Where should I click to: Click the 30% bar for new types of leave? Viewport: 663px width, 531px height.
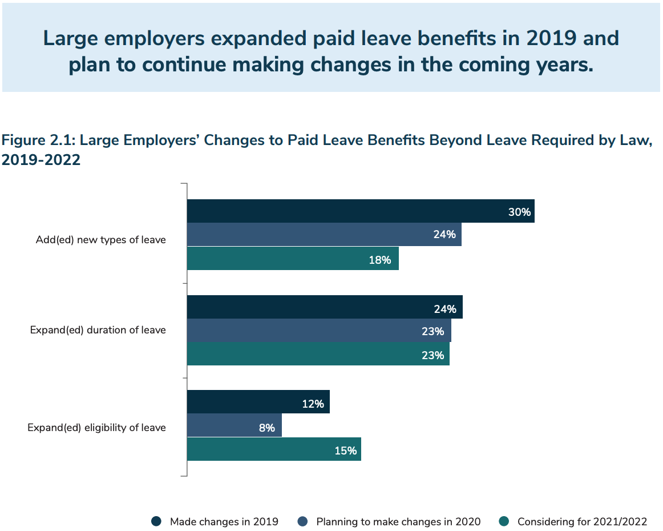(361, 211)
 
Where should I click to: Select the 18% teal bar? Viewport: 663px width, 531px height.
(293, 259)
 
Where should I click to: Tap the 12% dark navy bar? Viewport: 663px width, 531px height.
(258, 401)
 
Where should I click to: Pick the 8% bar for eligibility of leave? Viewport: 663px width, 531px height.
(235, 425)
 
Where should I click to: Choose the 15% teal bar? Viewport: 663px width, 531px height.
(274, 449)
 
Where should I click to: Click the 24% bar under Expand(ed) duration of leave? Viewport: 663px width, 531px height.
(325, 307)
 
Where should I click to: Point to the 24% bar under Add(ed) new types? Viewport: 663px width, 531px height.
(324, 235)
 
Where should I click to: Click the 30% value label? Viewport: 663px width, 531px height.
(519, 212)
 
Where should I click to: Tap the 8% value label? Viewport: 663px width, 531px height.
(267, 428)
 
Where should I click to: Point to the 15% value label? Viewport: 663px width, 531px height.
(345, 450)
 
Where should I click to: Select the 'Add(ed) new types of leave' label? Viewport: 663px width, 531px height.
(100, 240)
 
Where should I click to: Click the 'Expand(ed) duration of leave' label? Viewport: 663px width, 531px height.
(98, 330)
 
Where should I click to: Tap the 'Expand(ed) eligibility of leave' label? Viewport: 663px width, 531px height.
(96, 428)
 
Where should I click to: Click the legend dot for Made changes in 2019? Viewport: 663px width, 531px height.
(156, 521)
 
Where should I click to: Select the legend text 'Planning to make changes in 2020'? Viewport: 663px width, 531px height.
(398, 522)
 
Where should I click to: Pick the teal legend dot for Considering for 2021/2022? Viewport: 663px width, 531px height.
(504, 521)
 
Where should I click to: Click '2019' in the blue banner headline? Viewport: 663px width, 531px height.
(551, 38)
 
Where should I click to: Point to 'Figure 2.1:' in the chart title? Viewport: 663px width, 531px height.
(38, 140)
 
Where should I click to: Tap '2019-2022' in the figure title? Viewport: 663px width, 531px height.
(41, 160)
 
